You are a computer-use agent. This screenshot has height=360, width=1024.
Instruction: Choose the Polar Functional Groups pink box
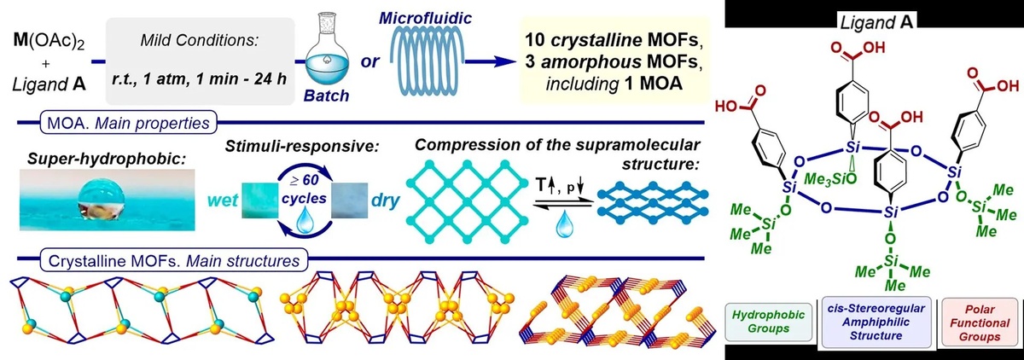click(979, 325)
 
